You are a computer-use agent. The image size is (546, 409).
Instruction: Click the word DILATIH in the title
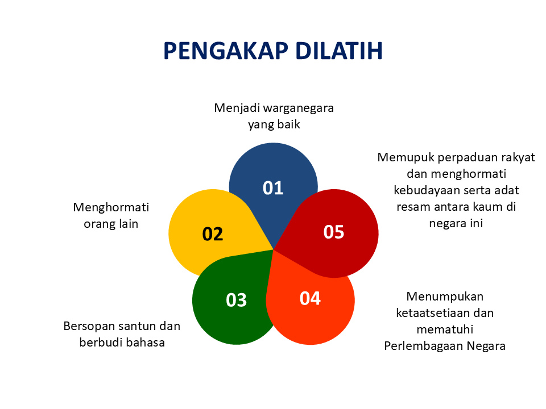coord(339,51)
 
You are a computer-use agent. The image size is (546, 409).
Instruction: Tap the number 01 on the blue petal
coord(273,188)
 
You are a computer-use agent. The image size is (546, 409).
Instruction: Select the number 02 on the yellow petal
coord(213,233)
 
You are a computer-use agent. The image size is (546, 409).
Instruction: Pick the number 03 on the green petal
coord(236,299)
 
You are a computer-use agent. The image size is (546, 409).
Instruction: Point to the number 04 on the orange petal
coord(310,298)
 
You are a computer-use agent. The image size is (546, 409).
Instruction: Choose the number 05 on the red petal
coord(334,232)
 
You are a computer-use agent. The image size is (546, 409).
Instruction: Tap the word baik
coord(288,124)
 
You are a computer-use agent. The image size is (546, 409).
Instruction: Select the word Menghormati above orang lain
coord(111,207)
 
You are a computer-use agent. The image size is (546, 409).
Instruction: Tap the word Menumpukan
coord(445,296)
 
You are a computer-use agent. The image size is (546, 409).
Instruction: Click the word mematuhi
coord(445,329)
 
